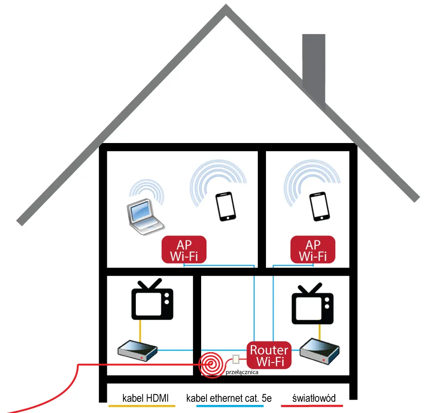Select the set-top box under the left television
pos(137,350)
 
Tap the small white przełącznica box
pos(236,359)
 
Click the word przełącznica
pos(243,371)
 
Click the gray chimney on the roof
pos(314,67)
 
